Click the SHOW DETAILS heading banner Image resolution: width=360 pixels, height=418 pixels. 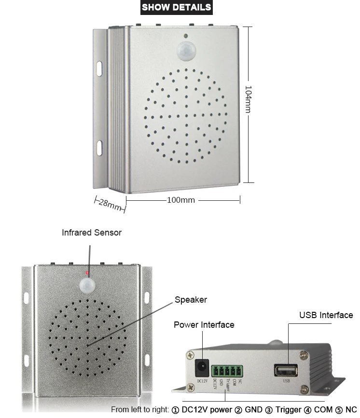tap(176, 7)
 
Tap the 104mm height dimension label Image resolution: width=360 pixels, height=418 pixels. tap(248, 99)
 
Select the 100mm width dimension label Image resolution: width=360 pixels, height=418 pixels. tap(180, 200)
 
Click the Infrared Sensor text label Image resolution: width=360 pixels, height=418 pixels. tap(92, 233)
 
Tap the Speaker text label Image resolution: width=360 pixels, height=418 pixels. tap(191, 300)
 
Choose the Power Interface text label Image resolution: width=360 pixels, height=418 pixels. tap(204, 325)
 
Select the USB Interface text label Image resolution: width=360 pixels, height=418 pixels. tap(326, 315)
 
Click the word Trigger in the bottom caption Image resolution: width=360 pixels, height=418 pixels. tap(288, 410)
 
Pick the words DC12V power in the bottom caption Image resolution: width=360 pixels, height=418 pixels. tap(207, 410)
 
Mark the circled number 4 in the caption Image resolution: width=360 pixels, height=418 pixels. tap(307, 410)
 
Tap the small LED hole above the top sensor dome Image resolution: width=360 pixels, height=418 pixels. tap(185, 35)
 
